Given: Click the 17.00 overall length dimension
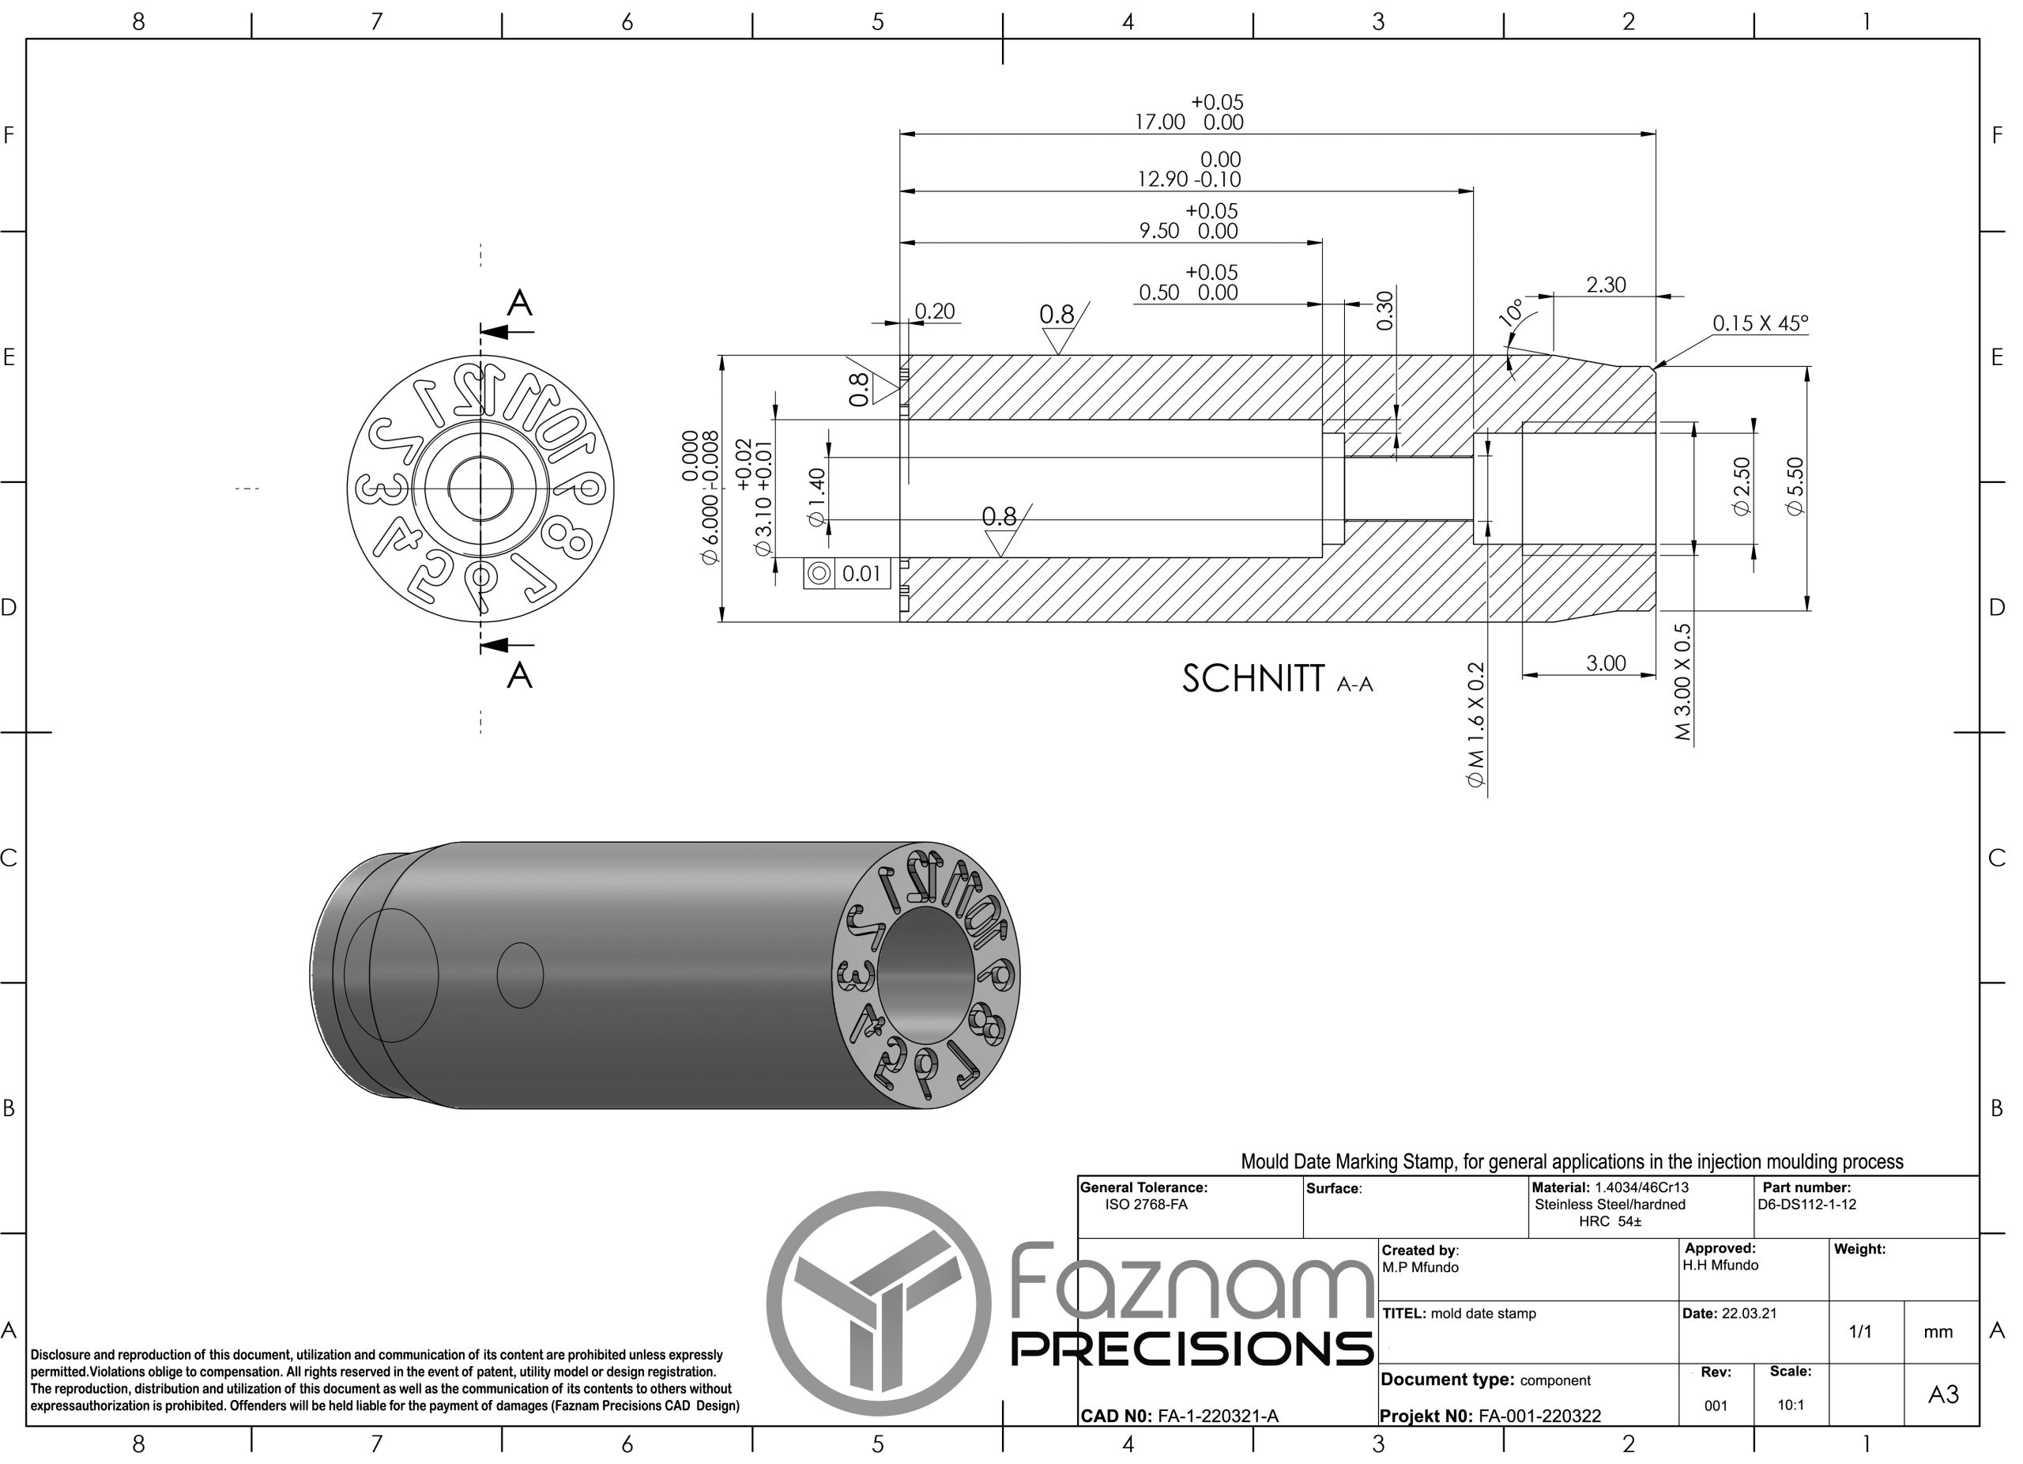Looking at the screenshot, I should tap(1159, 123).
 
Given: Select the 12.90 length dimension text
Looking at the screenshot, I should tap(1162, 179).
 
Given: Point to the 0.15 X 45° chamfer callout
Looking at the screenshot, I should tap(1759, 323).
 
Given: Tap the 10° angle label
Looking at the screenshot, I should tap(1511, 313).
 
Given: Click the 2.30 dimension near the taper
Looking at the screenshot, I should tap(1606, 285).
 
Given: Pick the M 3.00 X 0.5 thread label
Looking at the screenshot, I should tap(1682, 681).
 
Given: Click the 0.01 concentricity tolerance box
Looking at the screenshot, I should tap(861, 574).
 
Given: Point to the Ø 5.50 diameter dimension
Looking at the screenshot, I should tap(1795, 486).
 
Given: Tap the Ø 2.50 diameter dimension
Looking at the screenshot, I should tap(1741, 486).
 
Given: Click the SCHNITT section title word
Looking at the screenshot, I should tap(1253, 679).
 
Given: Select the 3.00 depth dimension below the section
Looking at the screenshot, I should tap(1606, 663).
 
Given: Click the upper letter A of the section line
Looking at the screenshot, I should tap(519, 304).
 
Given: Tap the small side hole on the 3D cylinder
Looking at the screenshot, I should tap(519, 975).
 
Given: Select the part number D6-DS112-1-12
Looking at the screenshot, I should tap(1806, 1205).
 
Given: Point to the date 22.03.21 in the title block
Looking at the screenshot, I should tap(1748, 1313).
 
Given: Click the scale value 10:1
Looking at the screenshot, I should tap(1789, 1406).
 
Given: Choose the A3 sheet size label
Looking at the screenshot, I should tap(1942, 1394).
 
